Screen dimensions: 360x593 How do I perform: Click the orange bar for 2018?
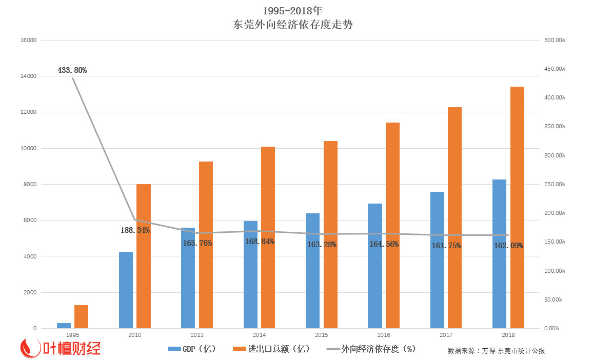click(517, 207)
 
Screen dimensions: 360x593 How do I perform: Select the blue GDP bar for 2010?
click(126, 290)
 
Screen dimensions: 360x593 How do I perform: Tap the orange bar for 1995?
click(81, 316)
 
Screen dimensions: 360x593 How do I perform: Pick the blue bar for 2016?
click(375, 266)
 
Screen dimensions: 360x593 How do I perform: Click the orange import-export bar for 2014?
click(268, 237)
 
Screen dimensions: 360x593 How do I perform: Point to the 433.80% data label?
click(72, 70)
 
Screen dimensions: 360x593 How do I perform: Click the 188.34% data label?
click(135, 230)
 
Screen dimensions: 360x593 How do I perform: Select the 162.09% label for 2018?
click(508, 246)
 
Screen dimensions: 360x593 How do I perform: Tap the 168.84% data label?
click(260, 241)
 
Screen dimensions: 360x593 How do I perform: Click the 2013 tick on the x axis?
click(197, 335)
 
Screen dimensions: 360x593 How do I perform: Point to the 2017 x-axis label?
click(446, 335)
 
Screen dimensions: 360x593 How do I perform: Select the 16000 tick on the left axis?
click(28, 40)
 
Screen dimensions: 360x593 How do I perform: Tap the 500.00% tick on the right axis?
click(554, 40)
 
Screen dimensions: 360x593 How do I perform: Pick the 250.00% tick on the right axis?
click(554, 184)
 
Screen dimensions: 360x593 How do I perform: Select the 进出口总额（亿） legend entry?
click(271, 349)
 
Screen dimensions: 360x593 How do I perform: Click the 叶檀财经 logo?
click(60, 348)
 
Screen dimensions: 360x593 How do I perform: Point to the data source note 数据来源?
click(496, 351)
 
